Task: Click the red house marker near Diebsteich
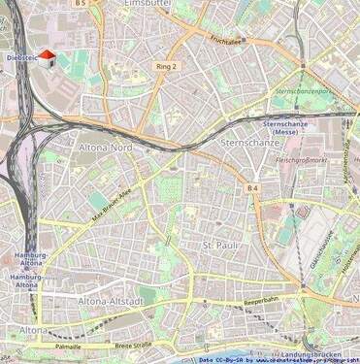[46, 57]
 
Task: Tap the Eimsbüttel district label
[153, 5]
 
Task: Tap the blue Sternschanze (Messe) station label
[284, 130]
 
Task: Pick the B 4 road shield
[253, 186]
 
